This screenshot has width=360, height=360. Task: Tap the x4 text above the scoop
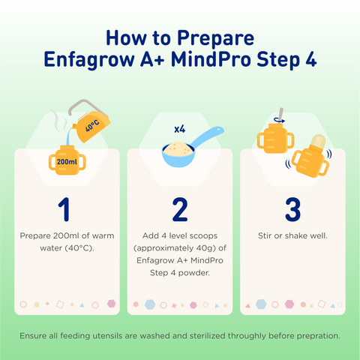(179, 129)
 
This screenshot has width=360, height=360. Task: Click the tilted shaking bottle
(310, 160)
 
